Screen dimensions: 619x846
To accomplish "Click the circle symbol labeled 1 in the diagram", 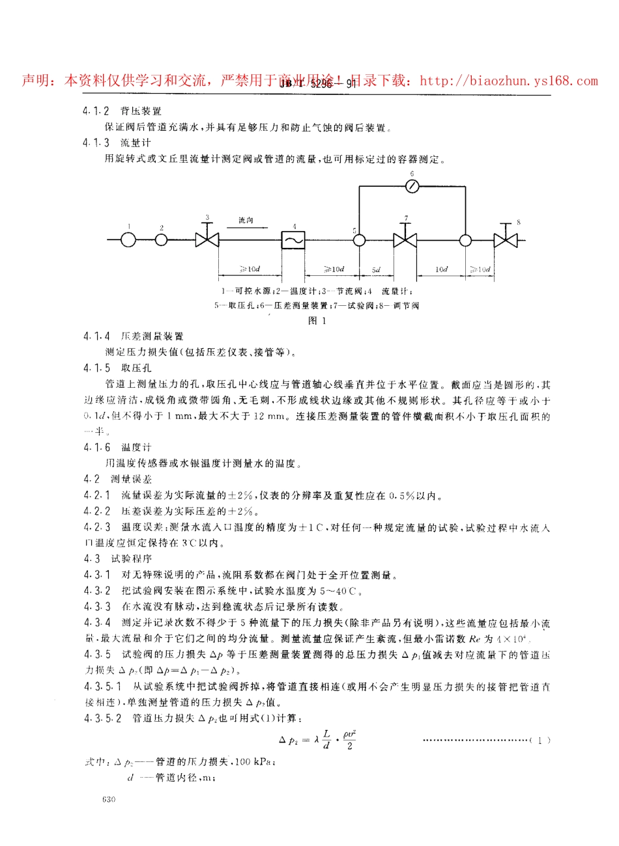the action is click(128, 240).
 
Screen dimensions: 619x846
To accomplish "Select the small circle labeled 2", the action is click(162, 240).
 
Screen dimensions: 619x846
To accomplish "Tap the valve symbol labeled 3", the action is click(208, 240).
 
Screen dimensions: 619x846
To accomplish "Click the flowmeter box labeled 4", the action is click(293, 240).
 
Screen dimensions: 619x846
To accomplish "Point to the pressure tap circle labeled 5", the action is click(358, 240).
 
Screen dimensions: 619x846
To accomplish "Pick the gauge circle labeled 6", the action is click(411, 186).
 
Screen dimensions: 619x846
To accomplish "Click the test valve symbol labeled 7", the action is click(405, 240).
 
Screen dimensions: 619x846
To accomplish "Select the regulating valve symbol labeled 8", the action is click(505, 240).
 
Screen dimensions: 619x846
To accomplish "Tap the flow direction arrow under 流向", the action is click(246, 228).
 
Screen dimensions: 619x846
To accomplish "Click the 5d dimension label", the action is click(376, 269).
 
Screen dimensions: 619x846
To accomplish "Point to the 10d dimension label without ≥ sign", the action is click(441, 269).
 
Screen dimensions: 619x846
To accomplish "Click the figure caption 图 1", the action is click(317, 320).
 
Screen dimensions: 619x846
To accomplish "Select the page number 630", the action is click(109, 799).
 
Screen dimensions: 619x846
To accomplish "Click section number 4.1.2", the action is click(96, 111).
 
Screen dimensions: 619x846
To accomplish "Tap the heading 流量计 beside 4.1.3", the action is click(136, 143).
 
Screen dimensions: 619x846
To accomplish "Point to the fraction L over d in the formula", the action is click(326, 740).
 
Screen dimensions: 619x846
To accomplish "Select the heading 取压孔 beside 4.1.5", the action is click(136, 368).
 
